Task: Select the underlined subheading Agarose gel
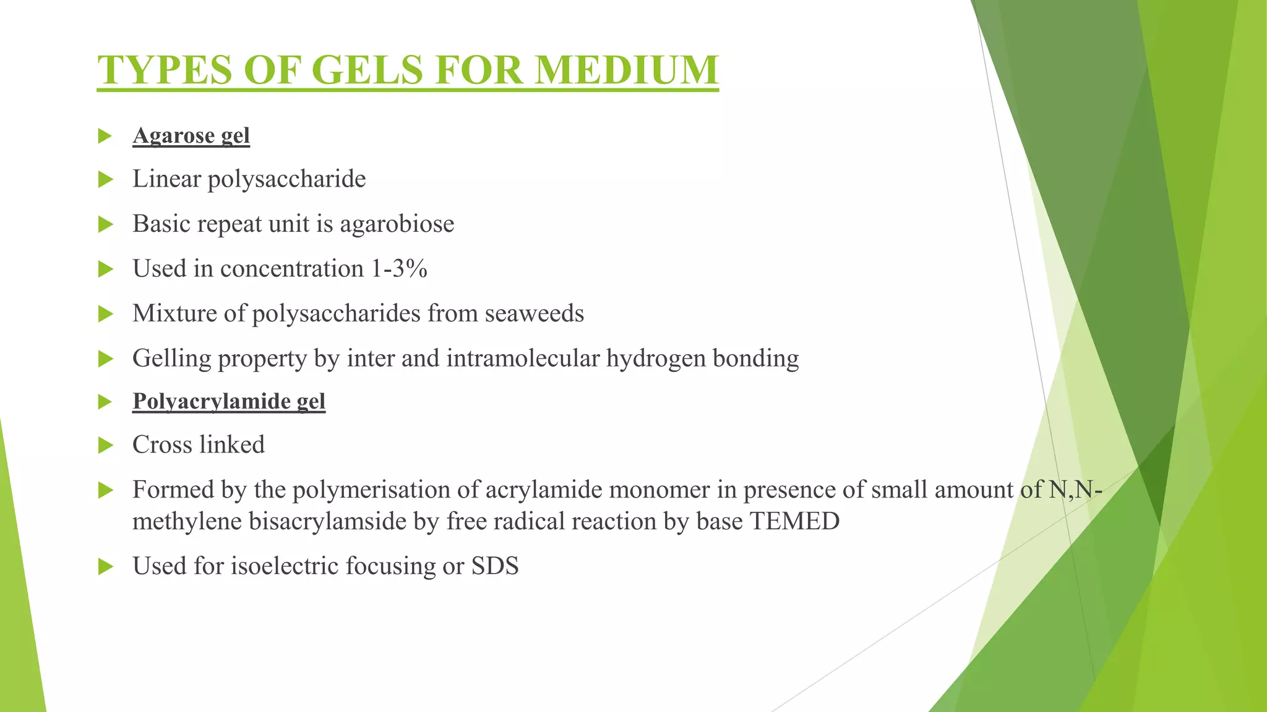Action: (191, 135)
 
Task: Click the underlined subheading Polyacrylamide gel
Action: (229, 401)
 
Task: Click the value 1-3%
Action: (399, 269)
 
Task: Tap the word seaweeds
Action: (535, 313)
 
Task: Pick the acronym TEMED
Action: (794, 522)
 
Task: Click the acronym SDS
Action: (495, 566)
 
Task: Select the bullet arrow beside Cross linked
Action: (106, 445)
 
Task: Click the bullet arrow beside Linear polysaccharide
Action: (106, 180)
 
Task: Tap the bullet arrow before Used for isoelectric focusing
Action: (106, 566)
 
